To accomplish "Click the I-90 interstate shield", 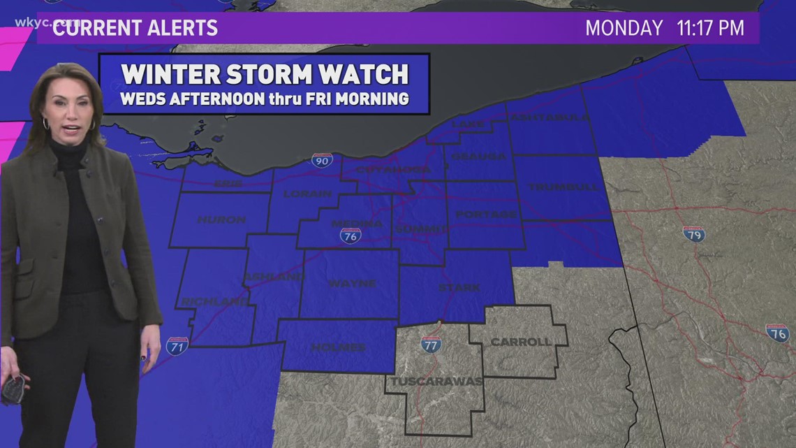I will [322, 160].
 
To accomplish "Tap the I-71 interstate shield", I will [177, 345].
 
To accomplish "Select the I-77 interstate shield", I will [431, 343].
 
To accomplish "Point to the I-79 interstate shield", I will [693, 234].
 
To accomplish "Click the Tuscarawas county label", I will [436, 382].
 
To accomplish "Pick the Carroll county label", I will [521, 342].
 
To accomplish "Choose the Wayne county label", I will [352, 284].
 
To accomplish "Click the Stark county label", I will [459, 287].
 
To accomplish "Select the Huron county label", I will [221, 219].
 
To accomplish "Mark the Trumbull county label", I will [563, 187].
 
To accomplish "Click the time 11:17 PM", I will [710, 28].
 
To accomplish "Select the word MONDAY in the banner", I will [624, 28].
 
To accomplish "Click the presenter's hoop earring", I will [46, 124].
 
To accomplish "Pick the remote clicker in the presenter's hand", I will [13, 389].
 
